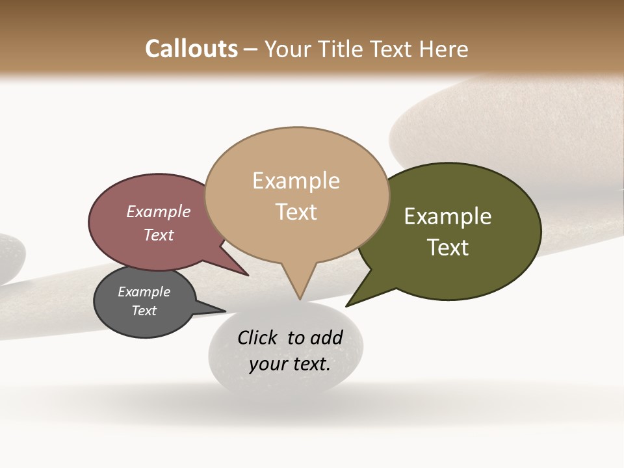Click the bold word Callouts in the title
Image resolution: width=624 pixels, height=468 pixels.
(x=191, y=49)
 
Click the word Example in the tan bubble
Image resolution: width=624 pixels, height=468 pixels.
(x=296, y=181)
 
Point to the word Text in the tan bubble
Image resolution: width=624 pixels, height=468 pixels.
(x=296, y=211)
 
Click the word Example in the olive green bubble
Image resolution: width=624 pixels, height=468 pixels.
(x=448, y=216)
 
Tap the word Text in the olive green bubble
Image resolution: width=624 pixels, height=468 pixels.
(x=448, y=247)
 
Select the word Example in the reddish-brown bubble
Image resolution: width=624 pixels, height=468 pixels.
(x=158, y=211)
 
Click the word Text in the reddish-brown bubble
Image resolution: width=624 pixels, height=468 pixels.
(x=158, y=235)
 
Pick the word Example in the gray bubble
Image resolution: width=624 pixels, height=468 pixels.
(x=144, y=292)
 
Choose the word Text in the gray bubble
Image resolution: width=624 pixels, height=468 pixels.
(x=144, y=311)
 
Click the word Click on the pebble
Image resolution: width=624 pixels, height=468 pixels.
(x=258, y=337)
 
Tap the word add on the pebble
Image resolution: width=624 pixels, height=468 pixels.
(x=326, y=337)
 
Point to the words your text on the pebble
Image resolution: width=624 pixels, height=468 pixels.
(x=289, y=364)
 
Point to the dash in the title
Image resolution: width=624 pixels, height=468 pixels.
(x=251, y=49)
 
